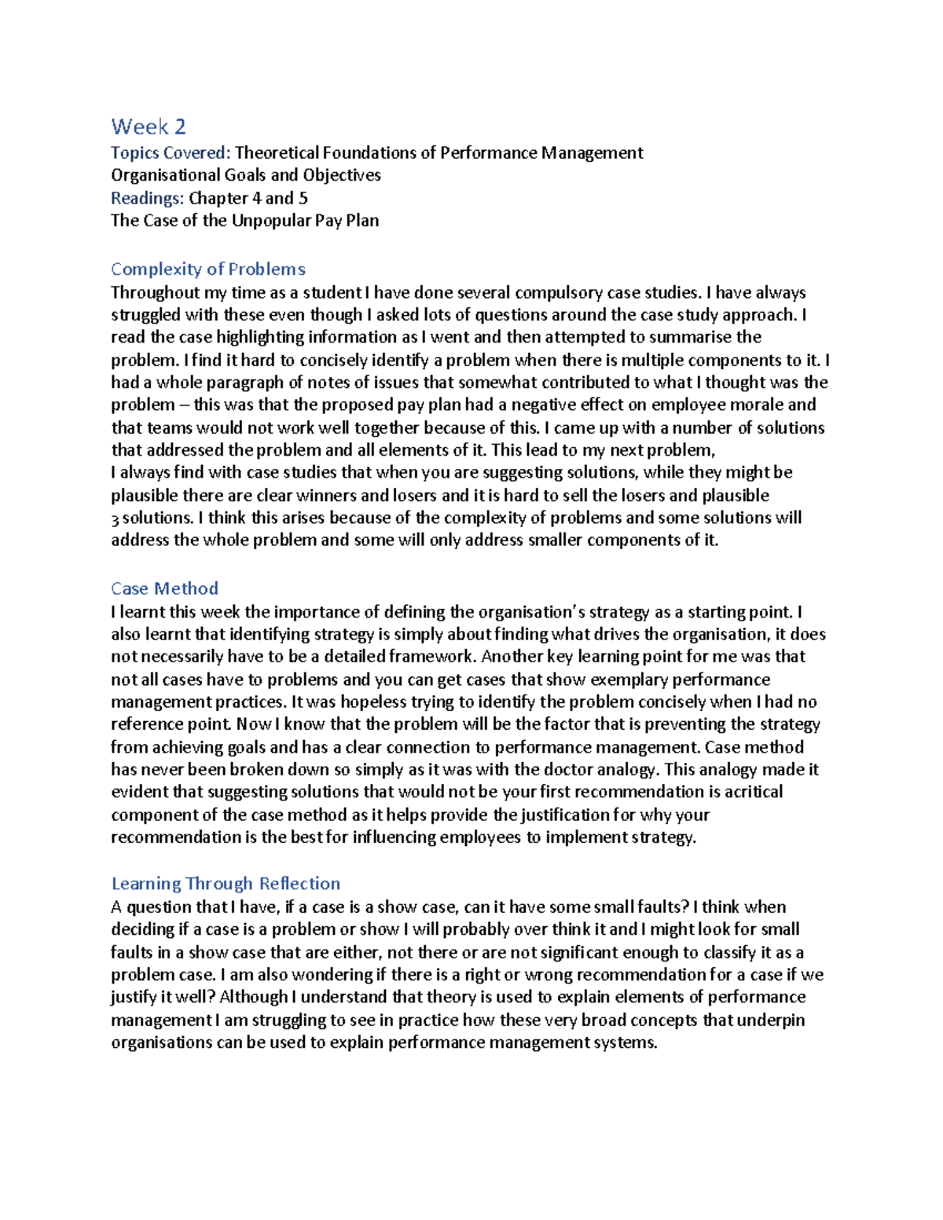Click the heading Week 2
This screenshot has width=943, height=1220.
149,126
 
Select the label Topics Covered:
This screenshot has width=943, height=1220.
171,152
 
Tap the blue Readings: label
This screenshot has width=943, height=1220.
147,198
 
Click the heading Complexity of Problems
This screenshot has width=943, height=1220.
208,269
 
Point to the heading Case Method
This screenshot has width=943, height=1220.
164,588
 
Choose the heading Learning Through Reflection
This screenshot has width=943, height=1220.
226,883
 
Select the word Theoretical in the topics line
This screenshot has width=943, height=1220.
275,152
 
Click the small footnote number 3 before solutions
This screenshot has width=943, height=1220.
116,520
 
